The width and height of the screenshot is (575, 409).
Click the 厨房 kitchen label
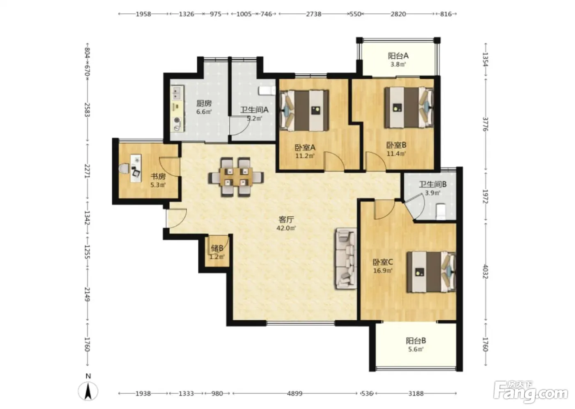[204, 103]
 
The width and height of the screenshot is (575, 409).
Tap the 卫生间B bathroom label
[433, 184]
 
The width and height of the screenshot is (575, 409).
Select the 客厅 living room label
[286, 220]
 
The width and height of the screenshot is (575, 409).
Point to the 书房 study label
[158, 177]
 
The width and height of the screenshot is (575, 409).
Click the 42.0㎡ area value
[286, 228]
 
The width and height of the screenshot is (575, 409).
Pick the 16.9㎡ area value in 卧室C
[383, 271]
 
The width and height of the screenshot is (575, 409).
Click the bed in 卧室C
[431, 272]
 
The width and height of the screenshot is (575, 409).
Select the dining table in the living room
[236, 177]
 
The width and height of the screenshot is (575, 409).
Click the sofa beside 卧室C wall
[345, 259]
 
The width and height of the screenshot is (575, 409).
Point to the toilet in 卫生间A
[267, 91]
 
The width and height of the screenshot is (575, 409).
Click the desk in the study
[136, 168]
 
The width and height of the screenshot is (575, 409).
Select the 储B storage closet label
[217, 248]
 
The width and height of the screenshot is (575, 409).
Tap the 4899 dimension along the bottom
[295, 393]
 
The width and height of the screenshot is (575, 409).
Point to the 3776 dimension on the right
[485, 124]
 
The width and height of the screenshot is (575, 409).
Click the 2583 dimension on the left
[87, 110]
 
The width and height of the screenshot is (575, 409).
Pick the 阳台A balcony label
[398, 56]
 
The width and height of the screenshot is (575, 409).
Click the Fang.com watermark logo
[530, 393]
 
